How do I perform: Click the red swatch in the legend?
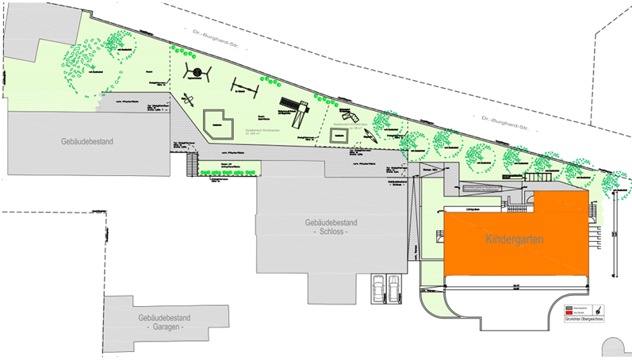click(569, 312)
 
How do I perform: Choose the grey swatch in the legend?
click(569, 306)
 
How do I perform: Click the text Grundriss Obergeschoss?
click(585, 320)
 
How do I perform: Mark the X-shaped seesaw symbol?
click(189, 101)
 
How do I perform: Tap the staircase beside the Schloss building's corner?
click(190, 165)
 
